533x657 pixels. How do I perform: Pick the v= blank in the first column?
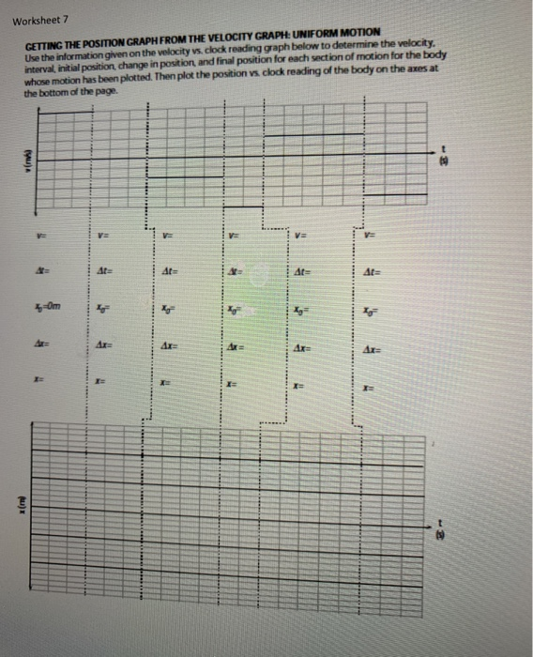click(41, 234)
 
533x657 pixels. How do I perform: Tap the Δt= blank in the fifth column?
click(302, 271)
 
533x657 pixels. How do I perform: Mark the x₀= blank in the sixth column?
click(373, 309)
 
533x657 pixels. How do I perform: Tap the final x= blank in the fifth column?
click(301, 383)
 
